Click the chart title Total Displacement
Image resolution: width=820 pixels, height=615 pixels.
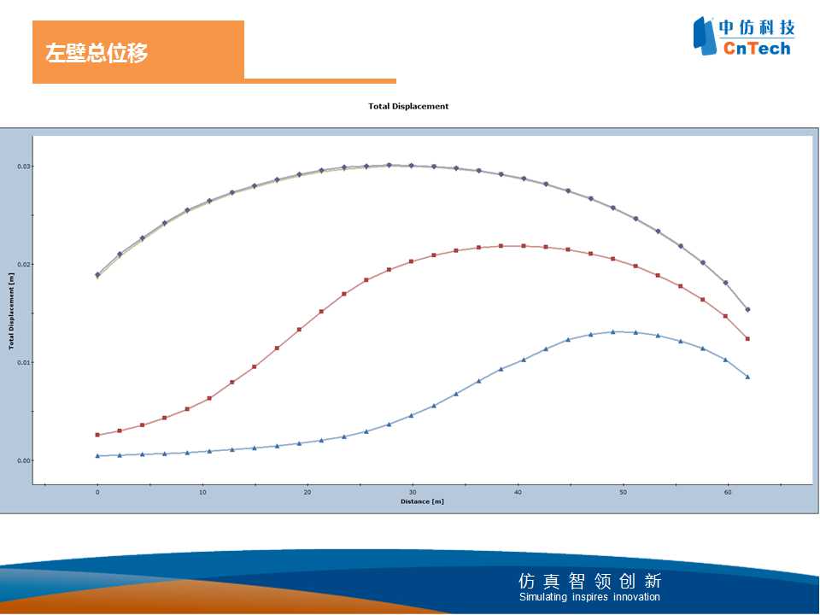pos(408,106)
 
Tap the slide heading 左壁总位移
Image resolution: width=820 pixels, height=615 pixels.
pos(97,53)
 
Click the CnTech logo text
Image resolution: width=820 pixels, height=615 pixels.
pos(757,49)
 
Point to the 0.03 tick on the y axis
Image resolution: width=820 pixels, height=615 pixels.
pos(24,167)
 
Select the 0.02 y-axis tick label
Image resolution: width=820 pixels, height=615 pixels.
pos(24,264)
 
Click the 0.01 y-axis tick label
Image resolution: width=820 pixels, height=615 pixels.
pos(24,362)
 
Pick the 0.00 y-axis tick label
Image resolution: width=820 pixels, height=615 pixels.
pos(24,460)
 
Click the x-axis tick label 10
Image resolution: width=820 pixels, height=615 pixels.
pos(202,492)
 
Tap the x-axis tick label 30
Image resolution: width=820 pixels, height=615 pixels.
pos(413,492)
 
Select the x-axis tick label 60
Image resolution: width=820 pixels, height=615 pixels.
pos(728,492)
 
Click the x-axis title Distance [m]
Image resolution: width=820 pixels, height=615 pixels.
pos(422,501)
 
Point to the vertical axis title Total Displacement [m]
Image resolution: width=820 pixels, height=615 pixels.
pos(11,311)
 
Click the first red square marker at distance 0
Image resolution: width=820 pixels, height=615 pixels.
pos(97,435)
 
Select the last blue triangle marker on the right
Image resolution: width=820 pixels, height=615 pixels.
pos(748,377)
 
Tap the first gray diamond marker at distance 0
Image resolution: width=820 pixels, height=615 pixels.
pos(97,274)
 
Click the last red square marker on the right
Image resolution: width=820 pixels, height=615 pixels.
pos(748,339)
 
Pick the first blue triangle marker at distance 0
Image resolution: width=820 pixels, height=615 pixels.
pos(97,455)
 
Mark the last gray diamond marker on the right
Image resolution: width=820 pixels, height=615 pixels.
pos(748,309)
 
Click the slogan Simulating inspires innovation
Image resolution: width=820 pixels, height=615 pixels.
pos(589,597)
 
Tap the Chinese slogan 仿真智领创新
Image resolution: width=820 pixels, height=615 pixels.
pos(590,581)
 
